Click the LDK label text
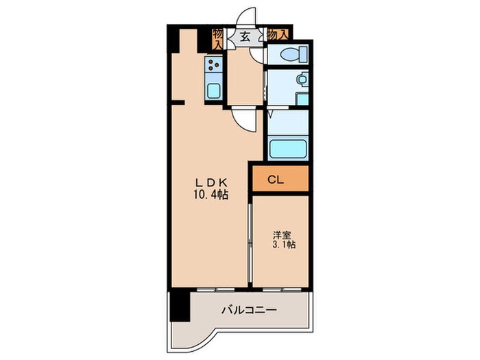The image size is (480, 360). [x=212, y=182]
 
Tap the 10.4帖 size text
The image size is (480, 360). [x=211, y=195]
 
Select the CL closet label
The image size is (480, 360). [x=276, y=180]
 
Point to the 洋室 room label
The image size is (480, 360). [x=282, y=233]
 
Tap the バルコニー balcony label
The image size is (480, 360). [x=249, y=311]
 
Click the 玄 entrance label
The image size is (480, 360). [x=245, y=36]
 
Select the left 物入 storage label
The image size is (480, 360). [x=217, y=38]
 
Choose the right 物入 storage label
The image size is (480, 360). [x=277, y=34]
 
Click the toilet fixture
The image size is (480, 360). [x=288, y=55]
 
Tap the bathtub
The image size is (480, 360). [x=287, y=148]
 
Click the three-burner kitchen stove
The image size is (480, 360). [x=213, y=67]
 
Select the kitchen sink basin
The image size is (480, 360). [x=213, y=90]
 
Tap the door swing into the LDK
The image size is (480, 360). [x=244, y=121]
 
